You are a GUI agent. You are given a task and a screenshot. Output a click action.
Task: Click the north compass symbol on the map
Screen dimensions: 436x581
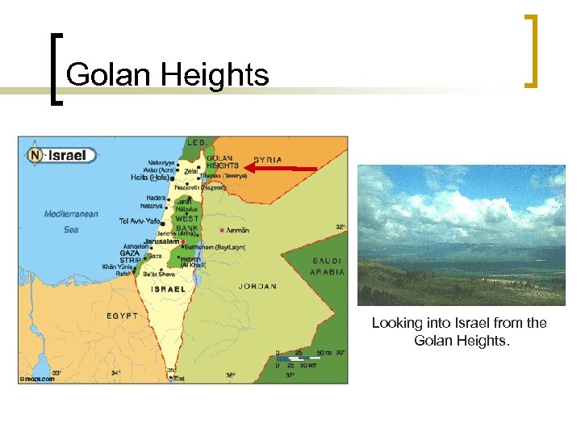tap(34, 156)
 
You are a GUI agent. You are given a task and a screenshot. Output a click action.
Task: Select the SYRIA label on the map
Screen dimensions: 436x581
tap(268, 160)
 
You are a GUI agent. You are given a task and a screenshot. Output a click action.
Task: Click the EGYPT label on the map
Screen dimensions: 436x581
tap(123, 315)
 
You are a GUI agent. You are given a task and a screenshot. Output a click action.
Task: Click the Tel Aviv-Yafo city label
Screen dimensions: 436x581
tap(140, 221)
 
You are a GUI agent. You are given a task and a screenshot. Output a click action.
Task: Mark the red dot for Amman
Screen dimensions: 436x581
tap(221, 231)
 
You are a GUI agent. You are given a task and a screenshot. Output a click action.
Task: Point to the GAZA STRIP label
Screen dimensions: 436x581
tap(130, 257)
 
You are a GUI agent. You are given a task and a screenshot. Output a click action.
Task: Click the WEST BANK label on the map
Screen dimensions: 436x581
tap(187, 223)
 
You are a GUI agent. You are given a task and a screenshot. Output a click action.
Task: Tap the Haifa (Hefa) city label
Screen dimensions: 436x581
tap(150, 178)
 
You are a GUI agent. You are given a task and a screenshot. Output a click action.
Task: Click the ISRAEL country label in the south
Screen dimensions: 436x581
tap(167, 288)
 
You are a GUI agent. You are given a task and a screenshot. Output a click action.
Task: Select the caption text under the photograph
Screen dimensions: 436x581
tap(458, 332)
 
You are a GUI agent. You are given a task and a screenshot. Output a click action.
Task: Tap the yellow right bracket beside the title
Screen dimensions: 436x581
tap(530, 50)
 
